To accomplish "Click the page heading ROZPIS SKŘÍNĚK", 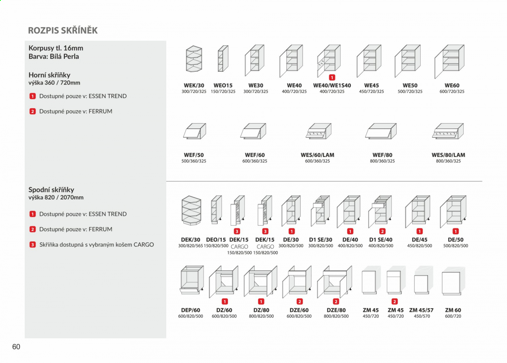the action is pyautogui.click(x=63, y=30).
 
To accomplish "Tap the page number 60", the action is pyautogui.click(x=16, y=347).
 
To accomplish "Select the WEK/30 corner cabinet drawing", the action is pyautogui.click(x=194, y=59).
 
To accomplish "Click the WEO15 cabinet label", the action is pyautogui.click(x=223, y=85).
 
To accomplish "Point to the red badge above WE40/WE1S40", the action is pyautogui.click(x=332, y=77).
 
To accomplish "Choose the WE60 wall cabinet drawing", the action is pyautogui.click(x=449, y=62).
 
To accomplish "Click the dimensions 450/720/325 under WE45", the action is pyautogui.click(x=372, y=92).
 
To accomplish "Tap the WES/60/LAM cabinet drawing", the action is pyautogui.click(x=318, y=131).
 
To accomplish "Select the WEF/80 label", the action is pyautogui.click(x=382, y=155).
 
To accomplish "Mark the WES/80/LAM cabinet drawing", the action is pyautogui.click(x=448, y=131).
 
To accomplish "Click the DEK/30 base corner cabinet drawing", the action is pyautogui.click(x=191, y=210).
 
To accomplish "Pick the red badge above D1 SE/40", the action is pyautogui.click(x=382, y=231).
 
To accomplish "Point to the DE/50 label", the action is pyautogui.click(x=455, y=239).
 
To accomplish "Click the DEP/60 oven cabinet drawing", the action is pyautogui.click(x=192, y=280).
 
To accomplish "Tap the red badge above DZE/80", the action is pyautogui.click(x=336, y=301).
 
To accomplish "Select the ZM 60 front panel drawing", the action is pyautogui.click(x=453, y=281).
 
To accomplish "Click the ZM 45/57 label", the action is pyautogui.click(x=421, y=310).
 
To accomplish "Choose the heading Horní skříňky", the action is pyautogui.click(x=49, y=75).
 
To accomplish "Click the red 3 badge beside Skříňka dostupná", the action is pyautogui.click(x=32, y=245).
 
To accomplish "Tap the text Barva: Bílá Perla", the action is pyautogui.click(x=54, y=56).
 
